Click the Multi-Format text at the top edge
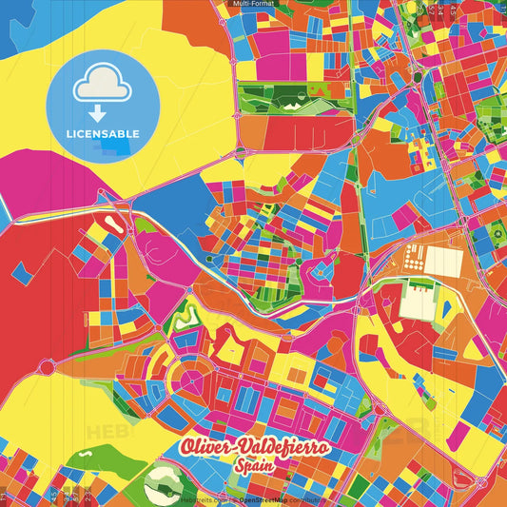point(253,4)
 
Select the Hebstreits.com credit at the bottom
point(204,498)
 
